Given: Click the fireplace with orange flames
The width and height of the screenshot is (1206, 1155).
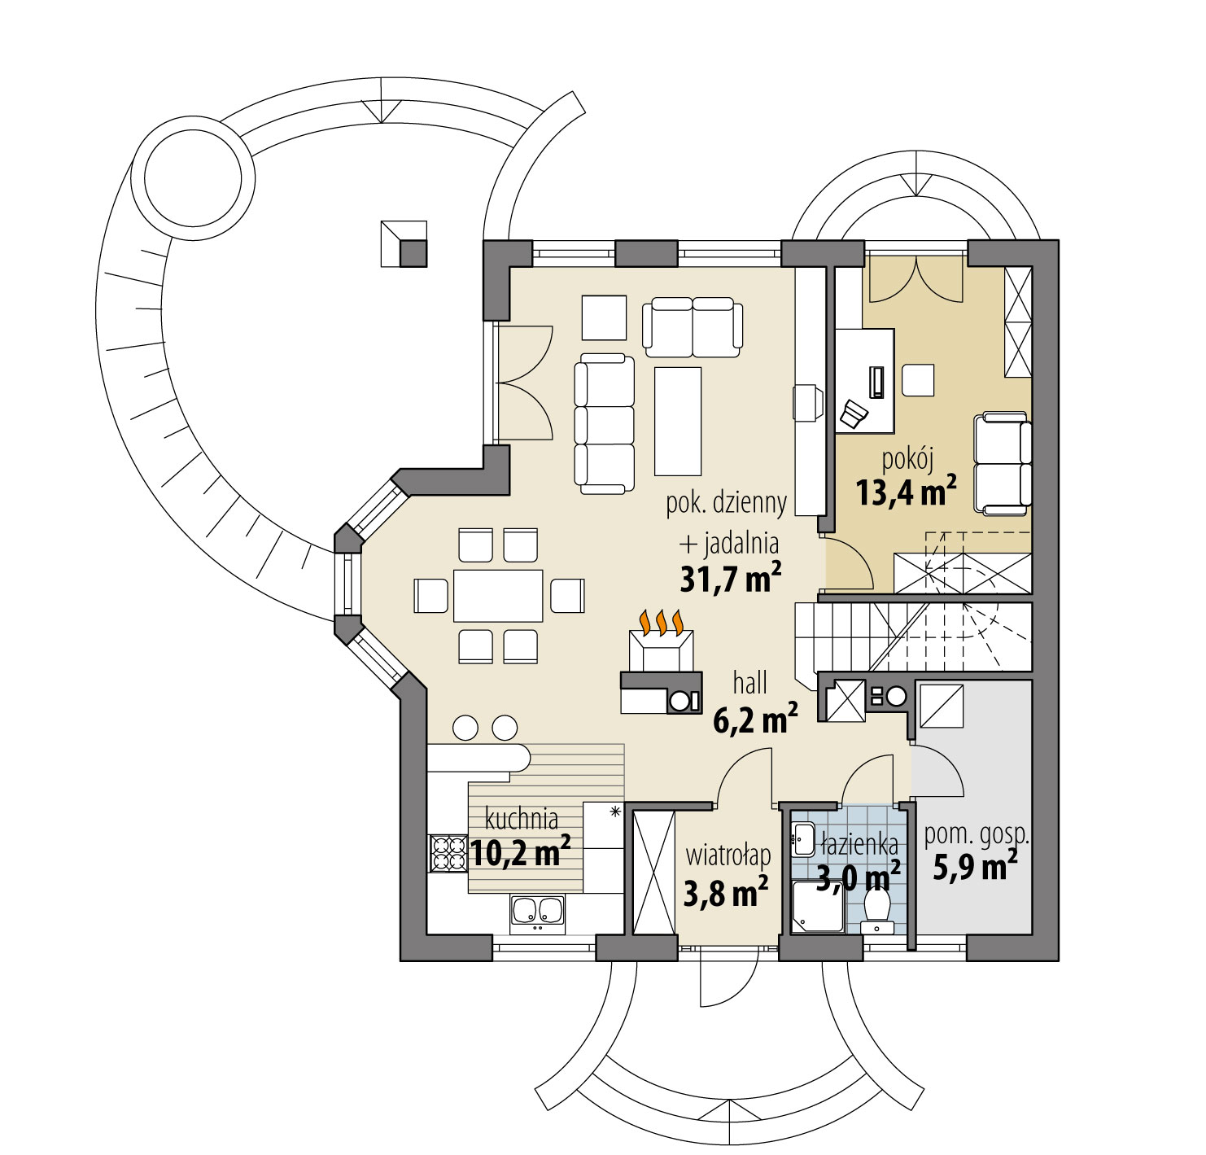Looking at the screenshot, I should (x=661, y=648).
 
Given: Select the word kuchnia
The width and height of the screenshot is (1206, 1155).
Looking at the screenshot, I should (x=521, y=818).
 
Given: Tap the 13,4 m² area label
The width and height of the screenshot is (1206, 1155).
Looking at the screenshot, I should (x=905, y=492).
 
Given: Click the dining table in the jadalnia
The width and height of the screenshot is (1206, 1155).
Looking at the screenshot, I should (x=498, y=596).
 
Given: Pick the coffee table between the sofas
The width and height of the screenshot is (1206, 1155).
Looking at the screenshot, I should (x=678, y=421).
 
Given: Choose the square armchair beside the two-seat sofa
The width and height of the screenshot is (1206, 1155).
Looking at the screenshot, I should (x=604, y=317).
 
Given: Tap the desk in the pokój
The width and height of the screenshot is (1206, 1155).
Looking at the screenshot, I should (x=865, y=380).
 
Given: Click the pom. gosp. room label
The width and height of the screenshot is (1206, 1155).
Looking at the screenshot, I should (x=977, y=835).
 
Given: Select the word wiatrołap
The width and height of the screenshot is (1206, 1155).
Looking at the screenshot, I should (x=728, y=855).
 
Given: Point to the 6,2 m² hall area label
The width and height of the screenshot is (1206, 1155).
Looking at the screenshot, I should (x=754, y=720).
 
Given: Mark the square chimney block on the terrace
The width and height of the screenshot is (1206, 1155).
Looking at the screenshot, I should (x=404, y=243).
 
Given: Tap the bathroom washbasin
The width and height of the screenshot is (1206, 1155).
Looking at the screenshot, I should (x=803, y=838).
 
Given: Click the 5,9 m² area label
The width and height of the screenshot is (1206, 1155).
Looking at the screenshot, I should (x=974, y=867).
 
